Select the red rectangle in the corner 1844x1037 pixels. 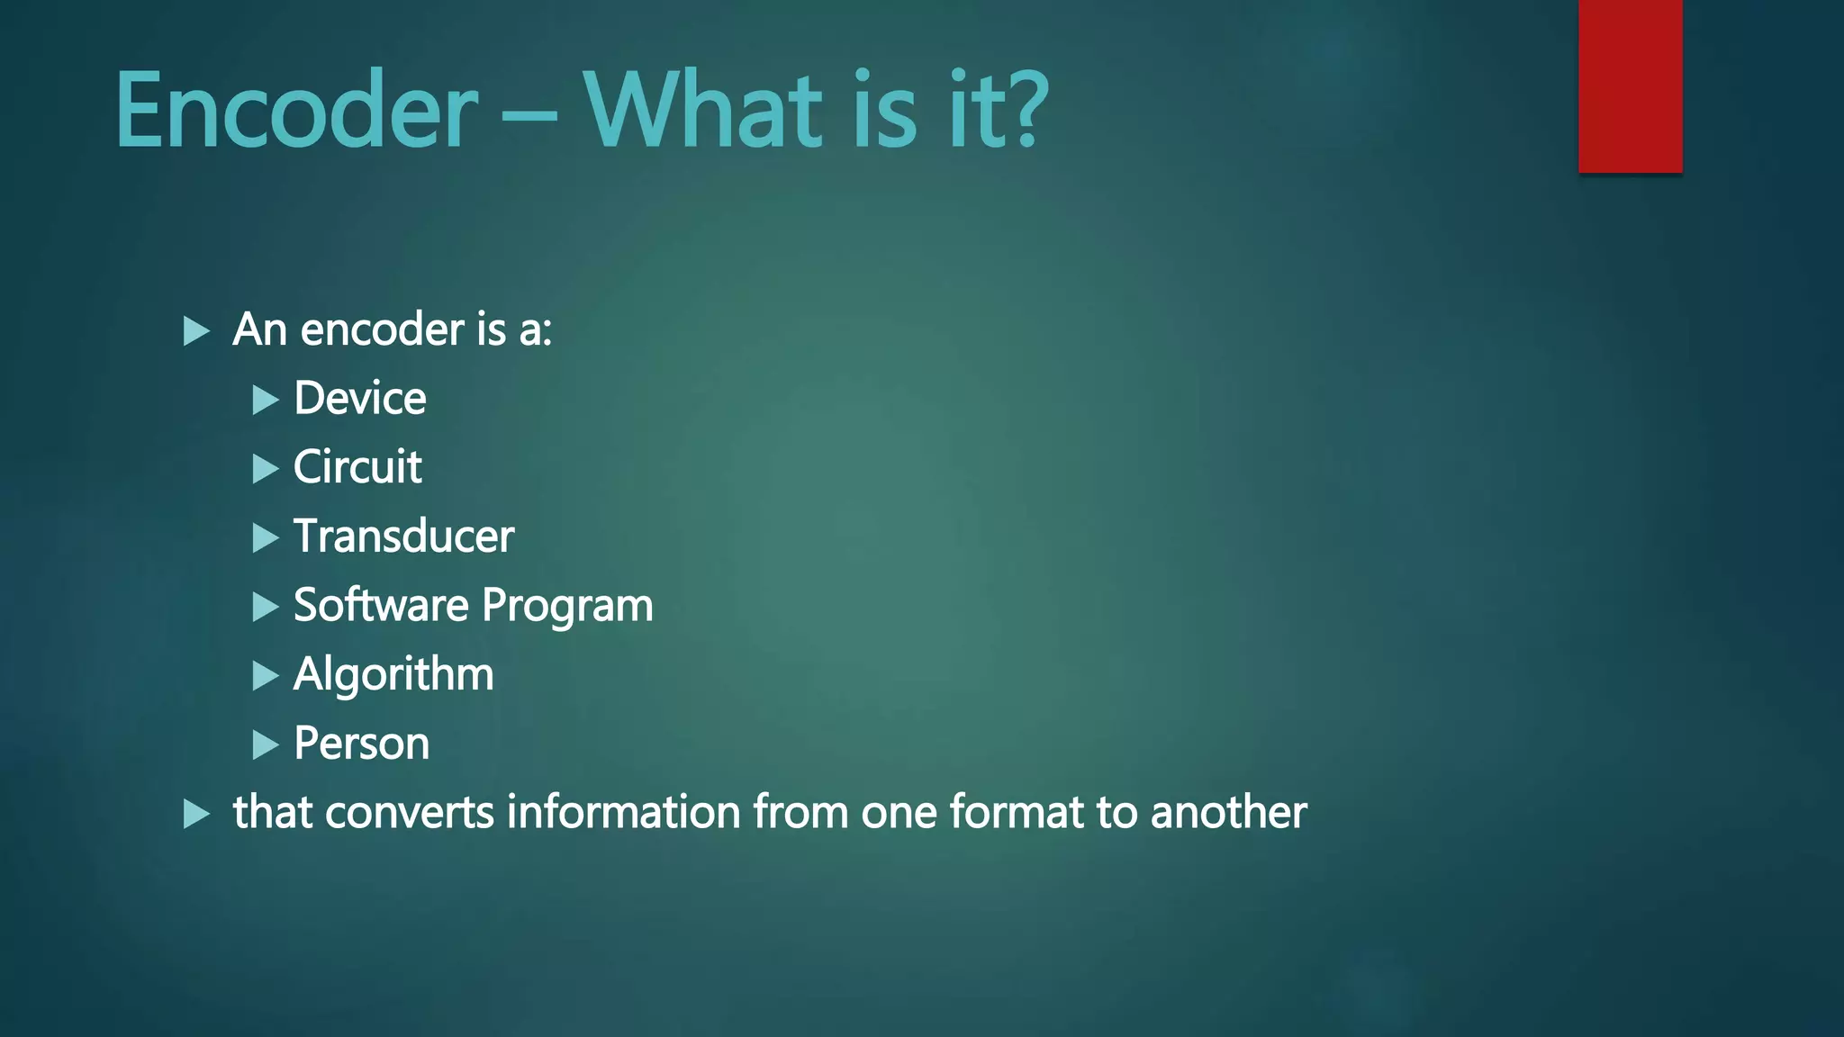point(1630,86)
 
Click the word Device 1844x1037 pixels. point(359,398)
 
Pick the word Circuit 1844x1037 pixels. point(357,467)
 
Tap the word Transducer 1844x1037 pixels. point(403,537)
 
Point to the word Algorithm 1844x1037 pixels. point(393,675)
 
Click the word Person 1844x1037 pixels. point(361,744)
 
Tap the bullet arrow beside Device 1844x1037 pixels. point(266,400)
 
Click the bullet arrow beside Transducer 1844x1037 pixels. point(266,538)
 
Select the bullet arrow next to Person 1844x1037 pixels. point(266,745)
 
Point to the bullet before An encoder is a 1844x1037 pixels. point(196,331)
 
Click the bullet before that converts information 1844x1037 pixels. point(196,814)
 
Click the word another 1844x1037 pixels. point(1228,812)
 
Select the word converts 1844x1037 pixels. point(410,812)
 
